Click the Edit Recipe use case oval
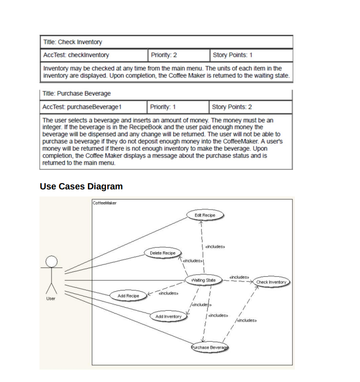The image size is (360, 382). pyautogui.click(x=205, y=215)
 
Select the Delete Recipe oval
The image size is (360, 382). pyautogui.click(x=163, y=253)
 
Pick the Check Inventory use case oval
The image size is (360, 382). pyautogui.click(x=271, y=282)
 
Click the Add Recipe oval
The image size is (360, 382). pyautogui.click(x=128, y=296)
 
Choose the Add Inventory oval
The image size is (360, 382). pyautogui.click(x=168, y=316)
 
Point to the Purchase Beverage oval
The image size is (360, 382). pyautogui.click(x=210, y=348)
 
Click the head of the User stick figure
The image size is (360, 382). pyautogui.click(x=51, y=261)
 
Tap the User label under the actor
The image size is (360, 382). pyautogui.click(x=50, y=299)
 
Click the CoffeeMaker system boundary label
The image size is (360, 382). pyautogui.click(x=105, y=203)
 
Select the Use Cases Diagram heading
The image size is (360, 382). pyautogui.click(x=81, y=186)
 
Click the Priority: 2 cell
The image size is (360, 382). pyautogui.click(x=178, y=55)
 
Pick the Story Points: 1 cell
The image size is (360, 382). pyautogui.click(x=250, y=55)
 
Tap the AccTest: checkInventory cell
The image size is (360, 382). pyautogui.click(x=94, y=55)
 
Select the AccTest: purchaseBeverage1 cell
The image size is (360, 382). pyautogui.click(x=94, y=107)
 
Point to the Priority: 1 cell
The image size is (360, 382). pyautogui.click(x=178, y=107)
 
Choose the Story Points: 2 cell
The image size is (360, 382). pyautogui.click(x=250, y=107)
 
